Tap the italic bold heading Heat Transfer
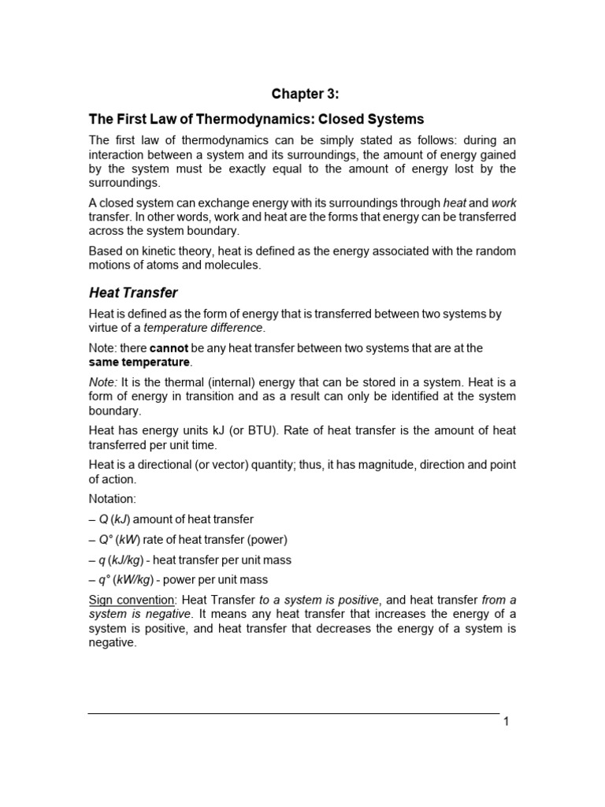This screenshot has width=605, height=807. (132, 292)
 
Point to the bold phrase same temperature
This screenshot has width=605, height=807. (139, 362)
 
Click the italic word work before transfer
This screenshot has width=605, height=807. (503, 203)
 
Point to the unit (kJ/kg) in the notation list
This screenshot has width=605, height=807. (129, 560)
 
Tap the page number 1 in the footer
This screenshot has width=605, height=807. (507, 723)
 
